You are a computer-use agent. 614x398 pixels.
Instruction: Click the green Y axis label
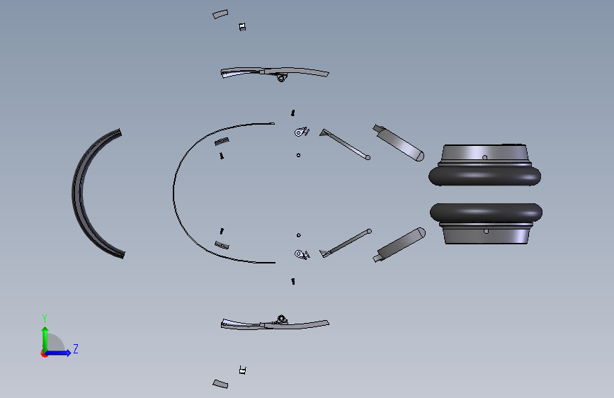pos(45,318)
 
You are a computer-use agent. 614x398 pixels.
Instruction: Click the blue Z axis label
pos(76,348)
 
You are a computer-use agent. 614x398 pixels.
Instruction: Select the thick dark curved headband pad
pos(80,193)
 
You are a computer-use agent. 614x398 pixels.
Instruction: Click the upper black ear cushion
pos(485,176)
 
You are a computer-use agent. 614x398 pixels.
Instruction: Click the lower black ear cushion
pos(486,212)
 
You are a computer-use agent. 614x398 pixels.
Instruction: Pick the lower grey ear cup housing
pos(486,234)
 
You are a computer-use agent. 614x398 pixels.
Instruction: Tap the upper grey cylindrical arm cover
pos(399,142)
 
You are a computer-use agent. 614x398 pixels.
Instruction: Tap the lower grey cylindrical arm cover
pos(399,245)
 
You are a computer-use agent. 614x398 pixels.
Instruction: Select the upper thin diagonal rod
pos(346,144)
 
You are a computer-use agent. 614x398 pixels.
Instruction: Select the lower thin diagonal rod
pos(346,243)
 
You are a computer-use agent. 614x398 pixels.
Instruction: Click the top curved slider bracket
pos(274,73)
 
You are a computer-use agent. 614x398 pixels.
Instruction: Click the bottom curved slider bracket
pos(275,323)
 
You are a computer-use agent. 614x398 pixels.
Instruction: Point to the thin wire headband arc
pos(174,193)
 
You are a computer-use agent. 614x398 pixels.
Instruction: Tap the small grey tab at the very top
pos(220,14)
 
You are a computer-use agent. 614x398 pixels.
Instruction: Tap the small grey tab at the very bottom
pos(220,384)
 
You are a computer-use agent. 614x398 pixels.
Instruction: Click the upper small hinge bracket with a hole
pos(301,132)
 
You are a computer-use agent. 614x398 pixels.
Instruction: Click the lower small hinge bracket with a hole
pos(302,254)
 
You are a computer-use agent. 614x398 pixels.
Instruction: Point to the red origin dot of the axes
pos(44,353)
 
